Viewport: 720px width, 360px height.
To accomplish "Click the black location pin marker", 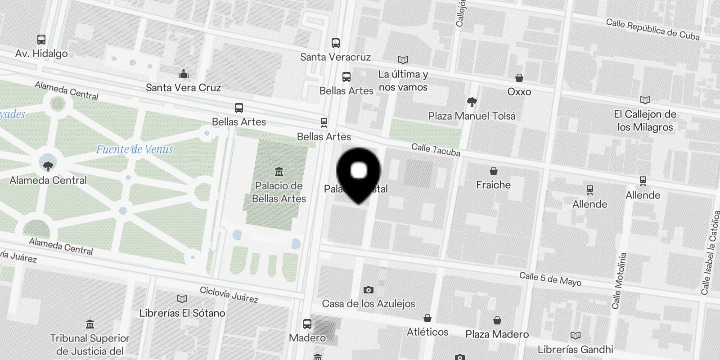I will point(359,173).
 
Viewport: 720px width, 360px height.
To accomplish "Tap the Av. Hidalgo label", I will point(41,54).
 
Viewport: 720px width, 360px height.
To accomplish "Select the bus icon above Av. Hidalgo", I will point(41,40).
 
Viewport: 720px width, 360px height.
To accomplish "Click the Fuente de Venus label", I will point(135,149).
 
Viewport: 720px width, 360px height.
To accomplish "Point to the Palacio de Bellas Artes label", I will point(279,192).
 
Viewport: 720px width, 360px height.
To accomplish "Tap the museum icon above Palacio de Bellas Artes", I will point(279,172).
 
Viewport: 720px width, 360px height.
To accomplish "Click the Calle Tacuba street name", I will point(436,149).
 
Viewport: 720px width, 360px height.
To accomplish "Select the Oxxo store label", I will point(519,92).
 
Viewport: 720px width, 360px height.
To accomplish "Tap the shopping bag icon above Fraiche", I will point(494,171).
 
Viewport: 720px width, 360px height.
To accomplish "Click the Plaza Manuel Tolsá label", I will point(472,116).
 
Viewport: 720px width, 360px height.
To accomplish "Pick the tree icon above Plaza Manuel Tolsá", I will point(472,102).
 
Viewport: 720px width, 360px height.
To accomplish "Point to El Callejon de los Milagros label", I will point(645,121).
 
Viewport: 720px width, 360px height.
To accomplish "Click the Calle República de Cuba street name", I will point(652,29).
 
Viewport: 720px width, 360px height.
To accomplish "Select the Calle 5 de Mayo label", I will point(550,279).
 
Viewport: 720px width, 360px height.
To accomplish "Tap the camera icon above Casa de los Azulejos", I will point(368,290).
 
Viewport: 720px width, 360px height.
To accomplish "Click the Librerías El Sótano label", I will point(182,313).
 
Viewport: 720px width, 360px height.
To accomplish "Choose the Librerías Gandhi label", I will point(575,350).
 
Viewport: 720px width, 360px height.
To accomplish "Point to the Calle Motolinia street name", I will point(619,281).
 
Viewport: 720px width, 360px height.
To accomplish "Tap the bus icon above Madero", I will point(307,324).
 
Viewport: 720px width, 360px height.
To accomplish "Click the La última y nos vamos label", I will point(403,81).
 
